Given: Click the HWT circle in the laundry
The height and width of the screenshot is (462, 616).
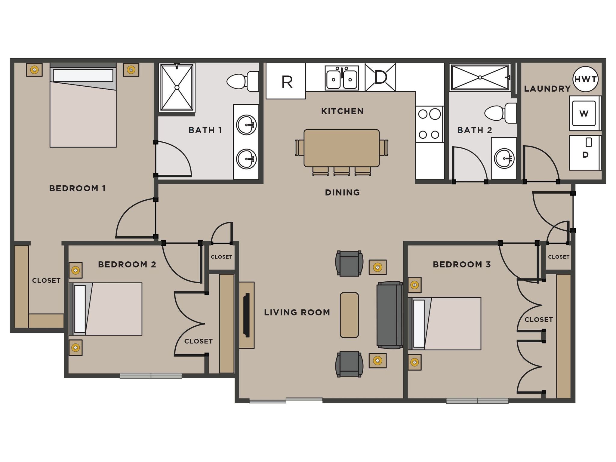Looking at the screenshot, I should click(585, 79).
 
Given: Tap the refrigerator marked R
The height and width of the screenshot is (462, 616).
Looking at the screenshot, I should click(286, 81).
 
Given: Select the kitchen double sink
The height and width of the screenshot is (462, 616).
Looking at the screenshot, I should click(342, 78).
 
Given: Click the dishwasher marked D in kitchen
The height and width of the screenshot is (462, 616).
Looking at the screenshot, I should click(380, 77).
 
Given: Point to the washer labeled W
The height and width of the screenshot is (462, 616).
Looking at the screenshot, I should click(584, 113).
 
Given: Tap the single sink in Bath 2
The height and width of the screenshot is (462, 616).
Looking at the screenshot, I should click(504, 159).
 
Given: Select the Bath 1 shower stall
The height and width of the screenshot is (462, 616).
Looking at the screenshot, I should click(177, 87).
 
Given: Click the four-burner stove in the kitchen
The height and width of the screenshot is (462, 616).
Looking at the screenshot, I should click(429, 124).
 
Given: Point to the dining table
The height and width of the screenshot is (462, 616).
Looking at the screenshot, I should click(341, 148).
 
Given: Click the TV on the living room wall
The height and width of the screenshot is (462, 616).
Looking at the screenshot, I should click(247, 315).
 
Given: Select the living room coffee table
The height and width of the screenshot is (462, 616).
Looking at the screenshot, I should click(349, 315).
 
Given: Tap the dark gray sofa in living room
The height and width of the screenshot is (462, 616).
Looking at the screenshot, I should click(390, 315).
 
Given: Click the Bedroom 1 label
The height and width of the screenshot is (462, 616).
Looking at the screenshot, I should click(77, 189).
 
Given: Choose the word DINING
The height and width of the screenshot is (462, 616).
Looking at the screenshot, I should click(342, 192).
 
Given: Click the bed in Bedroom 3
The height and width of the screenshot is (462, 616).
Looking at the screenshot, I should click(445, 324).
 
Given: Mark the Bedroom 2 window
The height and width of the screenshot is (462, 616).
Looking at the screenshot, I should click(151, 375).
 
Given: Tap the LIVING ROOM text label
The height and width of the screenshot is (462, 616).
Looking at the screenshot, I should click(297, 313).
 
